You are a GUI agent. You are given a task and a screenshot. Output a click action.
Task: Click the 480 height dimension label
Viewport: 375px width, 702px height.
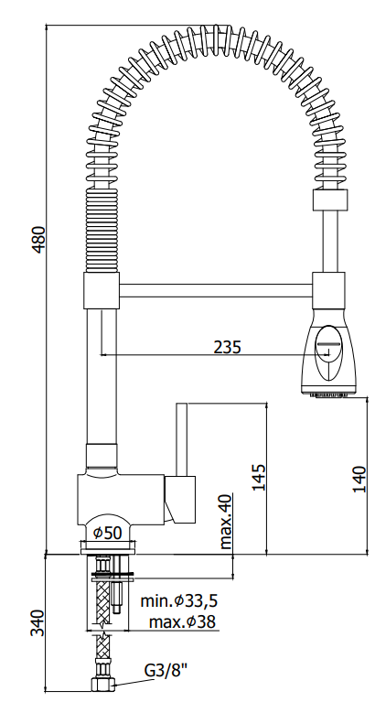(40, 240)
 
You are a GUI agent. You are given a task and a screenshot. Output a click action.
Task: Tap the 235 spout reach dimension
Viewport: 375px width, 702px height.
(227, 347)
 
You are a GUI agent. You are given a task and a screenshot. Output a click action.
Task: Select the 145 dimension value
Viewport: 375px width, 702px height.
(259, 477)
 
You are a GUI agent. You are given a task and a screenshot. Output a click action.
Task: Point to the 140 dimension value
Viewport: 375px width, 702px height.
(359, 479)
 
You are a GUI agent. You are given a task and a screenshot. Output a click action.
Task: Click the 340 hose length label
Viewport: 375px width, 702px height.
(38, 622)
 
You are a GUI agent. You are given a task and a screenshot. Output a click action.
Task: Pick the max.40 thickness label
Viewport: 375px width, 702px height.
(226, 522)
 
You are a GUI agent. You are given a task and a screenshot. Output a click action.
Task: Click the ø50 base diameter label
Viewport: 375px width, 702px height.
(107, 533)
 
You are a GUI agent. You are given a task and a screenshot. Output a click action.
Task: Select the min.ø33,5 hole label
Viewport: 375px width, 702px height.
(179, 600)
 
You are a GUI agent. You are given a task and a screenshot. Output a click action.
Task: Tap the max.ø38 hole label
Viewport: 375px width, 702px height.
(182, 621)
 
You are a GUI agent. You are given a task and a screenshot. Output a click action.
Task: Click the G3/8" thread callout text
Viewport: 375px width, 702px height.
(166, 670)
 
